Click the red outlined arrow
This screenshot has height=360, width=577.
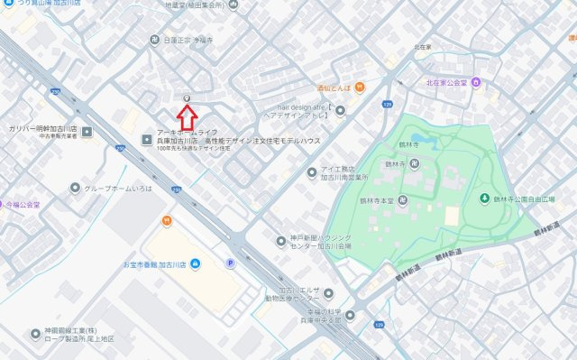tap(187, 116)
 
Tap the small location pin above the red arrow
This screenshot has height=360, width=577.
tap(187, 97)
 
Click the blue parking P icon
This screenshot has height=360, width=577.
tap(230, 263)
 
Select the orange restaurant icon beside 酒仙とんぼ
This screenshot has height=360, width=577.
tap(359, 88)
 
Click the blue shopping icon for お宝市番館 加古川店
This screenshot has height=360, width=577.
tap(197, 263)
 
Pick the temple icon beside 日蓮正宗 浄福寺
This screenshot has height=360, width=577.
tap(155, 41)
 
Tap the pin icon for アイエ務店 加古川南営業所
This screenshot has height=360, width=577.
tap(309, 171)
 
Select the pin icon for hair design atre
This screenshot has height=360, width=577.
tap(340, 110)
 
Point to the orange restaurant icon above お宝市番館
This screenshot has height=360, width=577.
tap(167, 220)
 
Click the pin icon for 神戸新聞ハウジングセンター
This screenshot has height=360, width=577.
tap(281, 241)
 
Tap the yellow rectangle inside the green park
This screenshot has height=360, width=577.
tap(452, 217)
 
